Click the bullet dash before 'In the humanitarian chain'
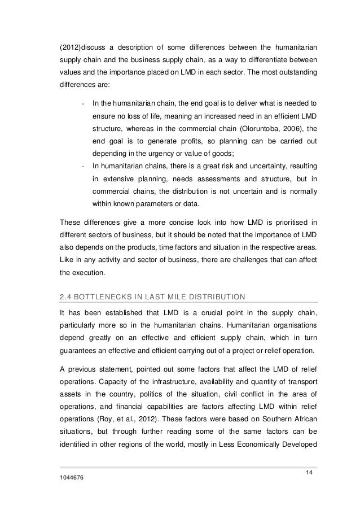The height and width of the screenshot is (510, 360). [x=83, y=103]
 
